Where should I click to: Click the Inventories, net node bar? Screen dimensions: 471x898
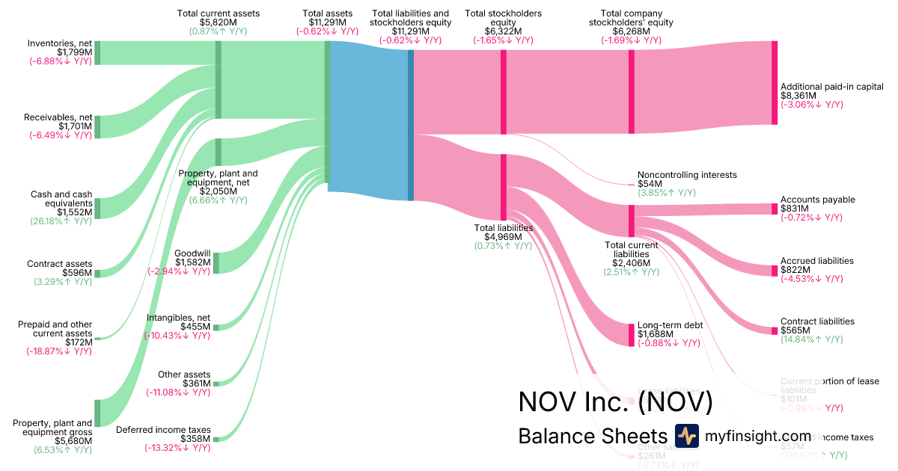(97, 53)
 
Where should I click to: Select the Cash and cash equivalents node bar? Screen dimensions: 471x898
(97, 208)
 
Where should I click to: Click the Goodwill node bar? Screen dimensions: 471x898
(216, 263)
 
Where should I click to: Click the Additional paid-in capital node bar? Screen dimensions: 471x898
(775, 83)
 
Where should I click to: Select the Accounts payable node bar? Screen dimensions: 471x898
(775, 209)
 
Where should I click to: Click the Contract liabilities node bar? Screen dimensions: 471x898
(775, 330)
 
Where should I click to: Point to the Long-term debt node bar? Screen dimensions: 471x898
(631, 333)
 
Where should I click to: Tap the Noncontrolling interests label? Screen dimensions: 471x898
(687, 174)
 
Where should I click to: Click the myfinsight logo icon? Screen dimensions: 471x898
(686, 436)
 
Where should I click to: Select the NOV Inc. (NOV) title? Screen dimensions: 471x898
(615, 401)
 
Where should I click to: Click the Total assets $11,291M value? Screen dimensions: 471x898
(327, 22)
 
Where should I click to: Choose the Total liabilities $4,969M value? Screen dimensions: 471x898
(503, 237)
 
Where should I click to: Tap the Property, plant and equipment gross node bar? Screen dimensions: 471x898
(97, 413)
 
